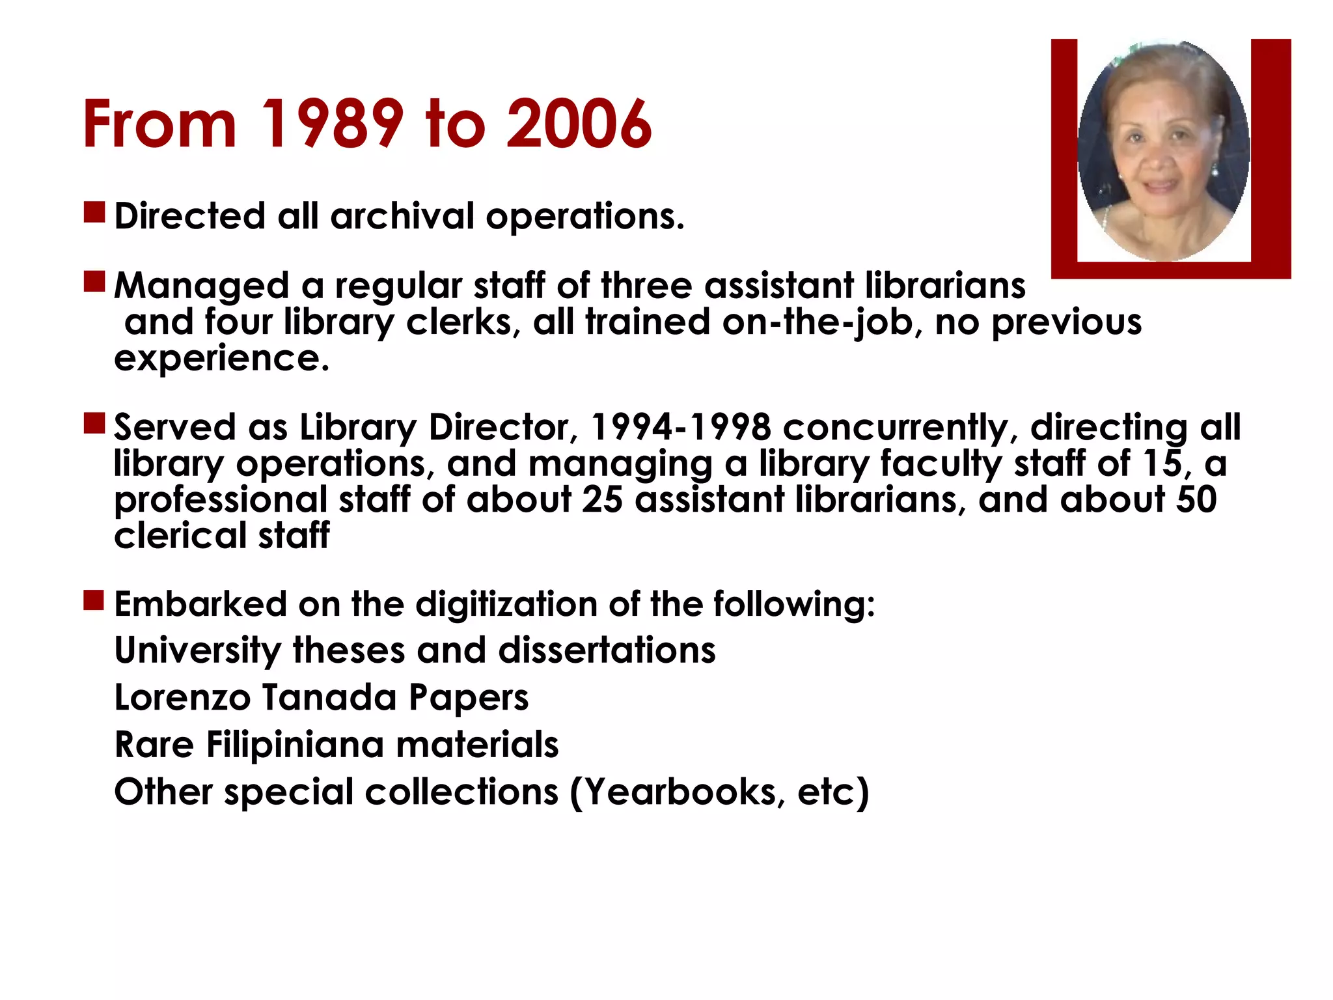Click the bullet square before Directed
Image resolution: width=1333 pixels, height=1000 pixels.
tap(94, 212)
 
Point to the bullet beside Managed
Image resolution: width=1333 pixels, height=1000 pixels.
tap(94, 282)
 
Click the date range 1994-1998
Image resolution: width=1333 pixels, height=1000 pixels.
tap(680, 427)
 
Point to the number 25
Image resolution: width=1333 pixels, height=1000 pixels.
tap(602, 500)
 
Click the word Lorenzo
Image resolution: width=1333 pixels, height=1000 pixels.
tap(182, 697)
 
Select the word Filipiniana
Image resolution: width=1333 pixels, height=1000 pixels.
tap(295, 744)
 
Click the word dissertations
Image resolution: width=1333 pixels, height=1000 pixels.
tap(607, 650)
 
